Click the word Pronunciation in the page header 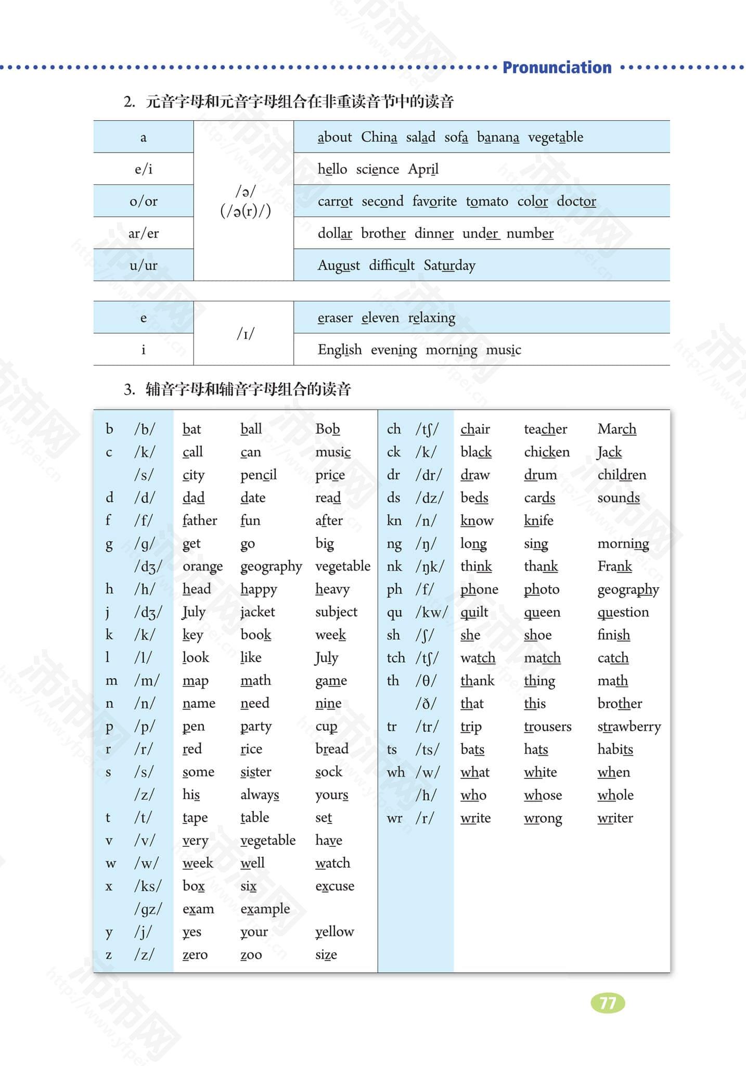(557, 68)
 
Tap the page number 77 (608, 1003)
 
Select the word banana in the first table (498, 137)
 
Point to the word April (423, 170)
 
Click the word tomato (487, 201)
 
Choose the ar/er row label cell (144, 233)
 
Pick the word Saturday (449, 265)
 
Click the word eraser (335, 318)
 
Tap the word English (340, 350)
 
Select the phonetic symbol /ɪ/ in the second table (246, 334)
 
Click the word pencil (259, 475)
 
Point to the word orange (202, 566)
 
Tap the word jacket (258, 612)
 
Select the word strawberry (629, 727)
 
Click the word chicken (547, 452)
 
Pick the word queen (542, 613)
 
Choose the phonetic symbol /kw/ (431, 612)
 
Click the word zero (195, 955)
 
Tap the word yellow (335, 932)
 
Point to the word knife (538, 521)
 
